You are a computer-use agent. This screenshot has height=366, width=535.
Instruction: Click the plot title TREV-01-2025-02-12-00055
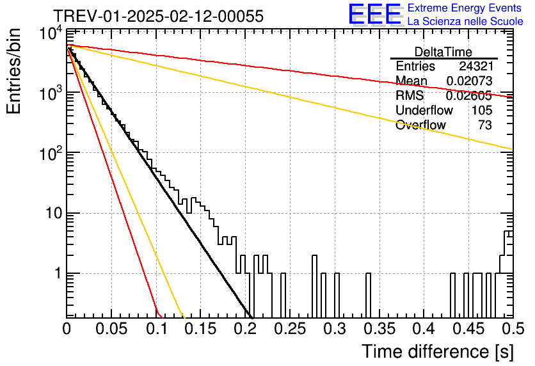point(158,16)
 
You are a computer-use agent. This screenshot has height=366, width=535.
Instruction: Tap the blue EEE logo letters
point(375,14)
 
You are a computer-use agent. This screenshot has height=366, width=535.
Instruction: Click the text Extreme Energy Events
point(465,8)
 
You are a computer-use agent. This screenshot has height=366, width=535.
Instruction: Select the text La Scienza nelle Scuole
point(465,21)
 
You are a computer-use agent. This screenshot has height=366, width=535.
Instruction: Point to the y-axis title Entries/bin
point(13,71)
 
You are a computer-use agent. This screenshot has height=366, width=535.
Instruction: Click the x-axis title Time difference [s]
point(438,351)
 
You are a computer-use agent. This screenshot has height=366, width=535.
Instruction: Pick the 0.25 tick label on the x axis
point(290,329)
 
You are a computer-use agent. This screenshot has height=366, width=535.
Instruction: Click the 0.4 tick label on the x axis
point(424,329)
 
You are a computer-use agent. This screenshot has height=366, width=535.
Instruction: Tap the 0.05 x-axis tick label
point(111,329)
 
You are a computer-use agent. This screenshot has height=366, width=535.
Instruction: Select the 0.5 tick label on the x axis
point(513,329)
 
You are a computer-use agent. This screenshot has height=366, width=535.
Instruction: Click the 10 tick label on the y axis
point(54,214)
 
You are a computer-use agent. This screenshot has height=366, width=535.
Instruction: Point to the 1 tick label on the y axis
point(59,274)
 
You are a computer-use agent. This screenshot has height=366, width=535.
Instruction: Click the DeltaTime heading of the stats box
point(443,52)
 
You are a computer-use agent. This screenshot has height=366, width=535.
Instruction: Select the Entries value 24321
point(475,66)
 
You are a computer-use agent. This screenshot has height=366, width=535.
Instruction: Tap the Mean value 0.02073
point(469,81)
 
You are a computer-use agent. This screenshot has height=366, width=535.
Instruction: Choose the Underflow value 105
point(482,110)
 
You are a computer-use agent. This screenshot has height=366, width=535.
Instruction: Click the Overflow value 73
point(485,125)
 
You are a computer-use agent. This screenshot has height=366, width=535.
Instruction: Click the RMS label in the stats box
point(410,95)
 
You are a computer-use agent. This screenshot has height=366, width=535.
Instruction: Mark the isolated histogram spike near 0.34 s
point(368,295)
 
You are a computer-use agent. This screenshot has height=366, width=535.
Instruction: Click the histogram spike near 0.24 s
point(283,295)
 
